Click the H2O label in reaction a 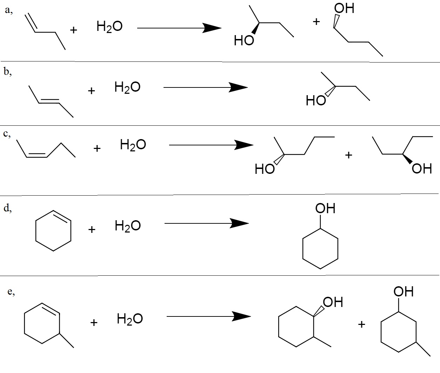(x=109, y=27)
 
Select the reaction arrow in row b (x=205, y=87)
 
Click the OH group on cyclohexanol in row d (x=325, y=209)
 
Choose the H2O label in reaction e (x=129, y=319)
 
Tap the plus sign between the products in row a (x=316, y=22)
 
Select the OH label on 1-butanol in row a (x=344, y=8)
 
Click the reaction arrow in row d (x=206, y=223)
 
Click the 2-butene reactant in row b (x=51, y=102)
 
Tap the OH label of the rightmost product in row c (x=422, y=169)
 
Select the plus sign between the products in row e (x=362, y=324)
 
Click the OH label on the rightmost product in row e (x=404, y=292)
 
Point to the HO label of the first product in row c (x=265, y=169)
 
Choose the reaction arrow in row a (x=179, y=28)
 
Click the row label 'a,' (x=9, y=11)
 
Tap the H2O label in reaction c (x=133, y=145)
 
